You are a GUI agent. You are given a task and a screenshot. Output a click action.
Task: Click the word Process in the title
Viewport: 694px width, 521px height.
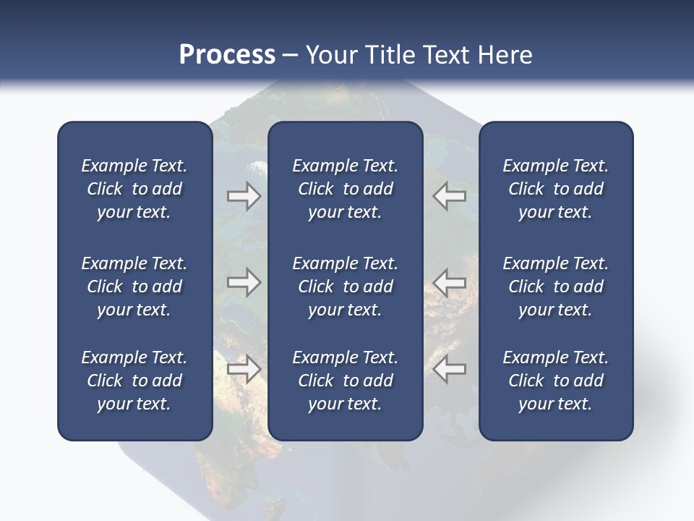tap(227, 55)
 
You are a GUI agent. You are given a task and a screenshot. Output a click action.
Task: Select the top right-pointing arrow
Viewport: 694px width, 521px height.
tap(244, 196)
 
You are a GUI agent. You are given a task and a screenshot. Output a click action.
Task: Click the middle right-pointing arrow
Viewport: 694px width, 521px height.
tap(244, 282)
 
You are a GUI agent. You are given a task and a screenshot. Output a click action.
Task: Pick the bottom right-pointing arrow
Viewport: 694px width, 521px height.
tap(244, 369)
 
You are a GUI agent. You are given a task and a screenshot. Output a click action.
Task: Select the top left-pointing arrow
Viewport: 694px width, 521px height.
tap(450, 196)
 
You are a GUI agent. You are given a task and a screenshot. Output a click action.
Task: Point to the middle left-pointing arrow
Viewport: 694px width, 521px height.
tap(450, 282)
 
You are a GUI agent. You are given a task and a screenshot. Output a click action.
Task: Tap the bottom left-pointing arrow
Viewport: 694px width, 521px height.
tap(450, 369)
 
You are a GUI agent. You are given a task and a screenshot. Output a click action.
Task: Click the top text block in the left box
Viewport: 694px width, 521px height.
tap(134, 189)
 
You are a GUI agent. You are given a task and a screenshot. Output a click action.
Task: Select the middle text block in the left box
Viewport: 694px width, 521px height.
tap(134, 287)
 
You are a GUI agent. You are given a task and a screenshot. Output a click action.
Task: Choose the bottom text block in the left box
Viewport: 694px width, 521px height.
tap(134, 381)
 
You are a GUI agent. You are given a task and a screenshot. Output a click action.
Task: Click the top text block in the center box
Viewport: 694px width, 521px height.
tap(346, 189)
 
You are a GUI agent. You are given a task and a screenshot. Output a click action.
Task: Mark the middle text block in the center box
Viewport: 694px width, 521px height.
tap(346, 287)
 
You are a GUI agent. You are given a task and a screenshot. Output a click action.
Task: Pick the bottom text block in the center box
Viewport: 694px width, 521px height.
tap(346, 381)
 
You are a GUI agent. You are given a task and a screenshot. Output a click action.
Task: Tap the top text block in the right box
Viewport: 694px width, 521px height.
tap(556, 189)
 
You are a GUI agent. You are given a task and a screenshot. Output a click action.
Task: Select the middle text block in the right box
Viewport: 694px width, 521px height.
tap(556, 287)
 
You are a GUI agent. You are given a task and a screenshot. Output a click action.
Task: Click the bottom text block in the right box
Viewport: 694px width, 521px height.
tap(556, 381)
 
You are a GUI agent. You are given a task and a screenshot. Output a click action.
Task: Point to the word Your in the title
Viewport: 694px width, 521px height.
tap(331, 55)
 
